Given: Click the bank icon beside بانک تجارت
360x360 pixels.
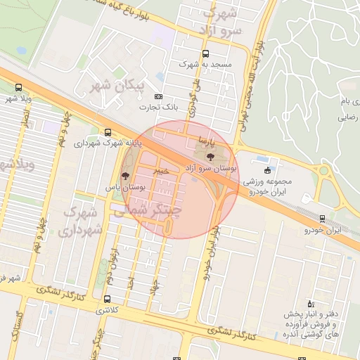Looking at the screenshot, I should (157, 96).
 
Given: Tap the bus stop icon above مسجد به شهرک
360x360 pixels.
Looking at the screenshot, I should (205, 53).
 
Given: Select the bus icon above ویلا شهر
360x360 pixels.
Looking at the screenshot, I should (18, 88).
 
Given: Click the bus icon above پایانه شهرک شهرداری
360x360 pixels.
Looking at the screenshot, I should (107, 131).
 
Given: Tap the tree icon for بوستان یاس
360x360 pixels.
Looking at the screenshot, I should (125, 176).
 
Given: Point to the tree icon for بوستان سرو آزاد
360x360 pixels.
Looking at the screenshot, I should (210, 156).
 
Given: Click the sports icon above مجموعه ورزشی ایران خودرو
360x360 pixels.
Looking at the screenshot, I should (266, 169).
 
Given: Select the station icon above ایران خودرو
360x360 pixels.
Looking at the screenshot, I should (323, 219).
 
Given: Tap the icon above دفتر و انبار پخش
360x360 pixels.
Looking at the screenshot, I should (311, 304).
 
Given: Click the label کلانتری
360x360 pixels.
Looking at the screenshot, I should (108, 310).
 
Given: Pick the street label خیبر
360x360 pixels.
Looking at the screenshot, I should (162, 171).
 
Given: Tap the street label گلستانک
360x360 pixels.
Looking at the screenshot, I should (14, 329).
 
